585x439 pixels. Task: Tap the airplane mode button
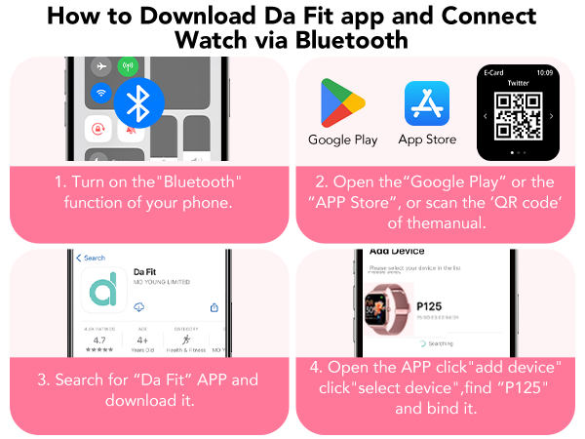(99, 67)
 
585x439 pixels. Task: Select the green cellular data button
(126, 67)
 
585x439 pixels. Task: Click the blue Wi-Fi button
(99, 95)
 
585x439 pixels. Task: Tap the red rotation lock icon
(99, 129)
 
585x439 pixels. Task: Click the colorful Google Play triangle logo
(341, 101)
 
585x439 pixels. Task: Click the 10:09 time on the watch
(543, 72)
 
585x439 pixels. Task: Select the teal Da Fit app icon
(103, 290)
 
